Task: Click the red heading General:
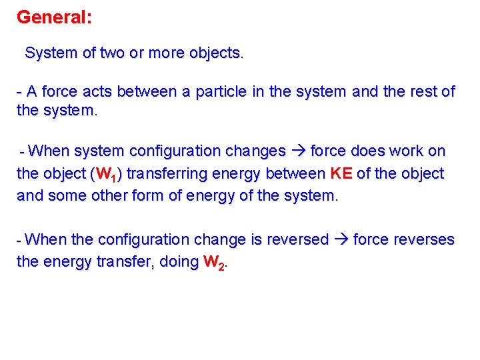[55, 17]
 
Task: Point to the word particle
[221, 92]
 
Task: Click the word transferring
[166, 174]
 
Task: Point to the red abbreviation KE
[341, 174]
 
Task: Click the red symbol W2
[214, 263]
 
